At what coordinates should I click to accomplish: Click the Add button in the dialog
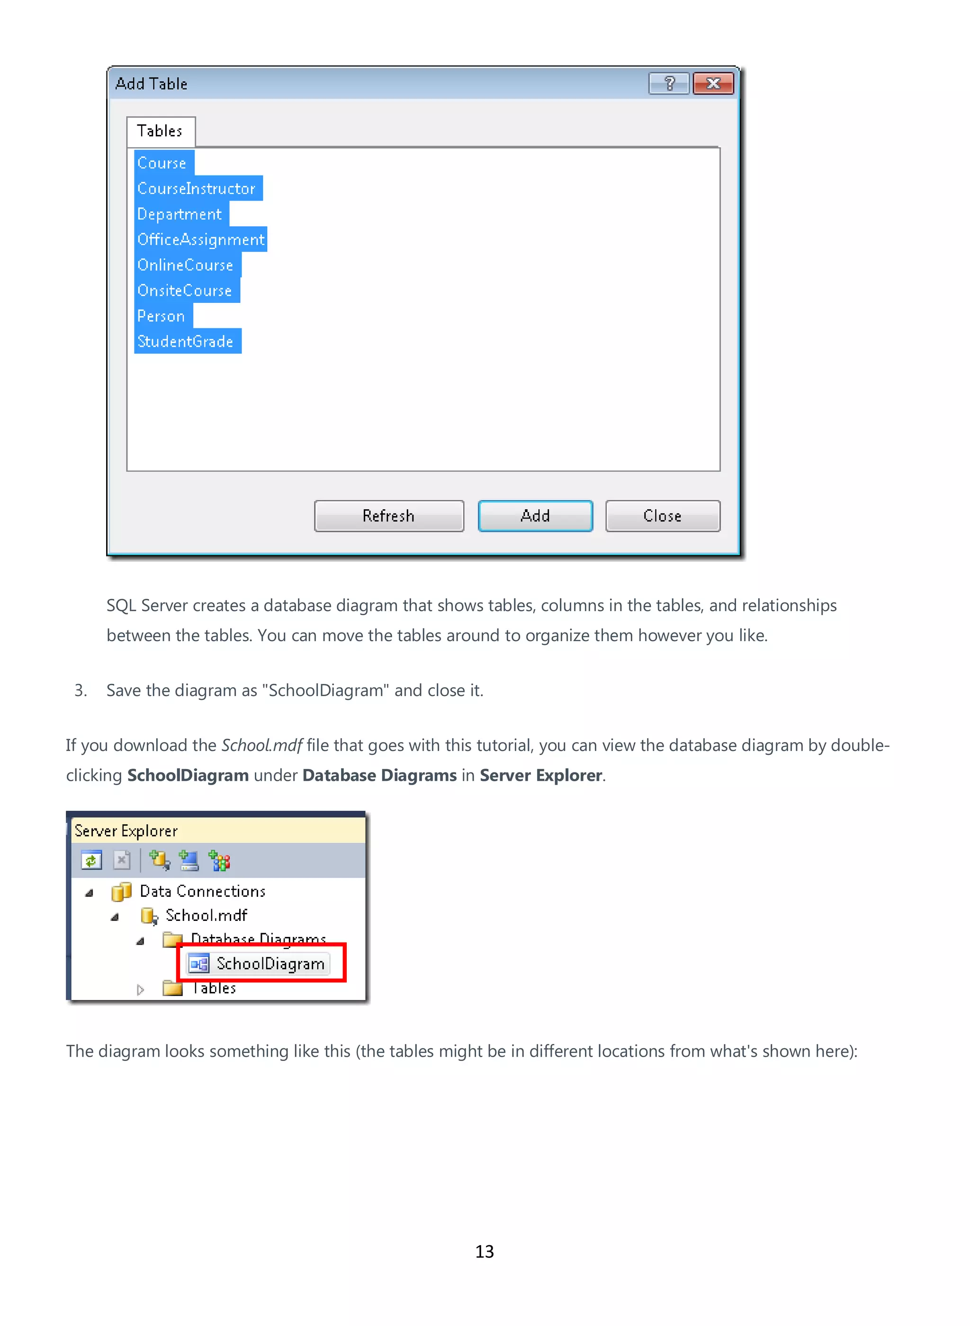click(535, 516)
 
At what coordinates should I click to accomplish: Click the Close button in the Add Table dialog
click(662, 516)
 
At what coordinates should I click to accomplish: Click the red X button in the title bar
click(713, 84)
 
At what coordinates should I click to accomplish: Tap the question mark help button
click(669, 84)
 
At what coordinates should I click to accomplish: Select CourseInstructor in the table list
click(197, 189)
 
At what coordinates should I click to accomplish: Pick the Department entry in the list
click(180, 214)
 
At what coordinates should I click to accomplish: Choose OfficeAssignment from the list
click(201, 240)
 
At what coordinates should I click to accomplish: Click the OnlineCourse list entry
click(186, 265)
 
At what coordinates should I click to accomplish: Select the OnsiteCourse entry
click(185, 291)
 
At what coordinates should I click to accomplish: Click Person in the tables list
click(162, 316)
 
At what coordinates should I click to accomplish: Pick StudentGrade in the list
click(186, 342)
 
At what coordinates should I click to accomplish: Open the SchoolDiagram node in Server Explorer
click(270, 964)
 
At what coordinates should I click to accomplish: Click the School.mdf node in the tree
click(206, 915)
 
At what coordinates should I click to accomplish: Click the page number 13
click(485, 1252)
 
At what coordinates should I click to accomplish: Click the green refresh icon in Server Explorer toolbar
click(91, 861)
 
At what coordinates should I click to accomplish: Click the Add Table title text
click(152, 84)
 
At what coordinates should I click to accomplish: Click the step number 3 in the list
click(81, 690)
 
